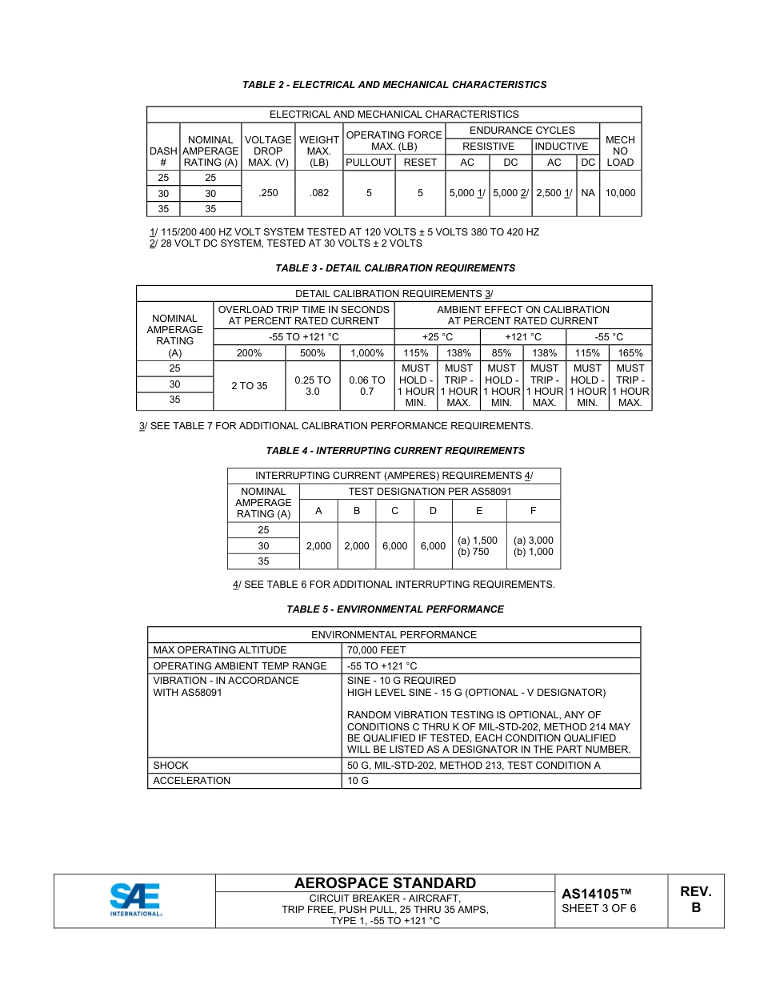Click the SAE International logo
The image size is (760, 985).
pyautogui.click(x=135, y=899)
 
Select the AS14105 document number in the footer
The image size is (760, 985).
pyautogui.click(x=596, y=894)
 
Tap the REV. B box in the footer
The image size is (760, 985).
pyautogui.click(x=695, y=900)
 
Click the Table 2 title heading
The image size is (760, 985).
pyautogui.click(x=394, y=85)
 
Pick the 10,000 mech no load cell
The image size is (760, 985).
pyautogui.click(x=620, y=193)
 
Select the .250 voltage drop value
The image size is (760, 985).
pyautogui.click(x=268, y=193)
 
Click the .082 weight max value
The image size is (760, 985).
pyautogui.click(x=318, y=193)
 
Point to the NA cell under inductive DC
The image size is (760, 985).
pyautogui.click(x=588, y=193)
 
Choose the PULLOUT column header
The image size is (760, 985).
pyautogui.click(x=368, y=163)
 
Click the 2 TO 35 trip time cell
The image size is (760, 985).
pyautogui.click(x=249, y=386)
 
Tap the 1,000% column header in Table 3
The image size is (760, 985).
pyautogui.click(x=367, y=353)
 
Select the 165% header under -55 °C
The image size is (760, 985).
pyautogui.click(x=630, y=353)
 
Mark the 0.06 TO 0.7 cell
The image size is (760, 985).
pyautogui.click(x=367, y=386)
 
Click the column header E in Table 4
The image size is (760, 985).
pyautogui.click(x=479, y=511)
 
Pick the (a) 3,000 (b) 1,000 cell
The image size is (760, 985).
pyautogui.click(x=533, y=546)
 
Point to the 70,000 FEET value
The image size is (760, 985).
pyautogui.click(x=377, y=650)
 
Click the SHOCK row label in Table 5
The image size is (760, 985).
pyautogui.click(x=171, y=766)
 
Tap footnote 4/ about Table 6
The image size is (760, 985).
pyautogui.click(x=394, y=585)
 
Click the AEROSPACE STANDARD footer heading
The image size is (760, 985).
pyautogui.click(x=385, y=883)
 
